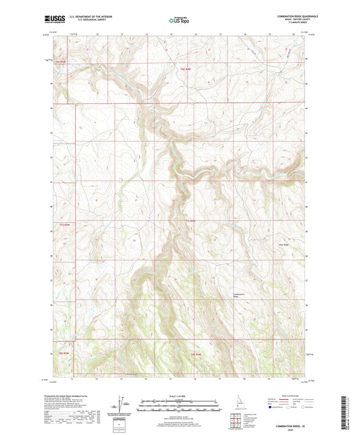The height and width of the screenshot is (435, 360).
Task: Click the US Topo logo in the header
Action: click(178, 20)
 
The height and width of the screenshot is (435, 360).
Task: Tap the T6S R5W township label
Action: click(60, 62)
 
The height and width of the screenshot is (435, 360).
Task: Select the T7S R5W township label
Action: click(65, 224)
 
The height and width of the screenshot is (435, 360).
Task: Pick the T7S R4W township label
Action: click(190, 220)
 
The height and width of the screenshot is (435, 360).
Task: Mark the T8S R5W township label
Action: click(61, 354)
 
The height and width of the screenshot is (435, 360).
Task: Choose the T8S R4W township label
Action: click(196, 354)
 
